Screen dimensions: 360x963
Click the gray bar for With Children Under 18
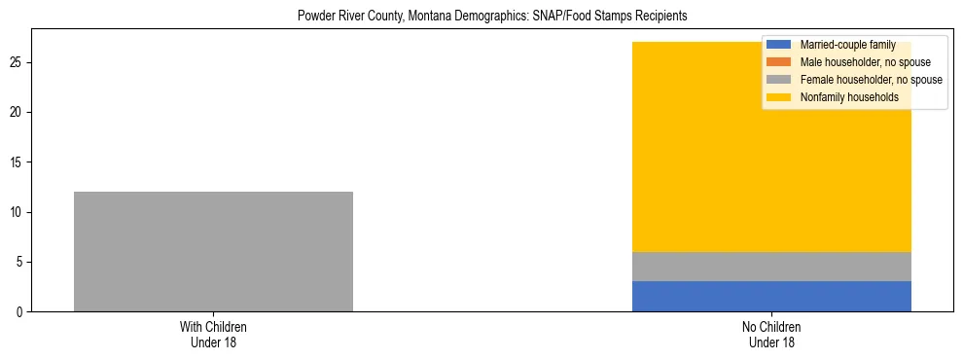click(x=213, y=251)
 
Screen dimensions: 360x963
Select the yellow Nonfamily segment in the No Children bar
click(x=771, y=156)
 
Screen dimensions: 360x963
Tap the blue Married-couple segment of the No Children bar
click(x=771, y=296)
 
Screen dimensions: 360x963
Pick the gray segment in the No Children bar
click(x=771, y=267)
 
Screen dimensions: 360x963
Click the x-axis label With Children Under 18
click(x=213, y=335)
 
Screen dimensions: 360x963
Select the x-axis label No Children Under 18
click(x=771, y=335)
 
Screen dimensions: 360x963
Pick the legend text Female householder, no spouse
click(x=871, y=80)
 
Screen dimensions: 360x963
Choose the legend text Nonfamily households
click(x=848, y=97)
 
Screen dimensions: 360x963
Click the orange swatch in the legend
click(x=779, y=62)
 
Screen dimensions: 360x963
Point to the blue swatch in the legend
click(x=779, y=45)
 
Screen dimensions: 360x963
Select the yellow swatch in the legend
click(x=779, y=97)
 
